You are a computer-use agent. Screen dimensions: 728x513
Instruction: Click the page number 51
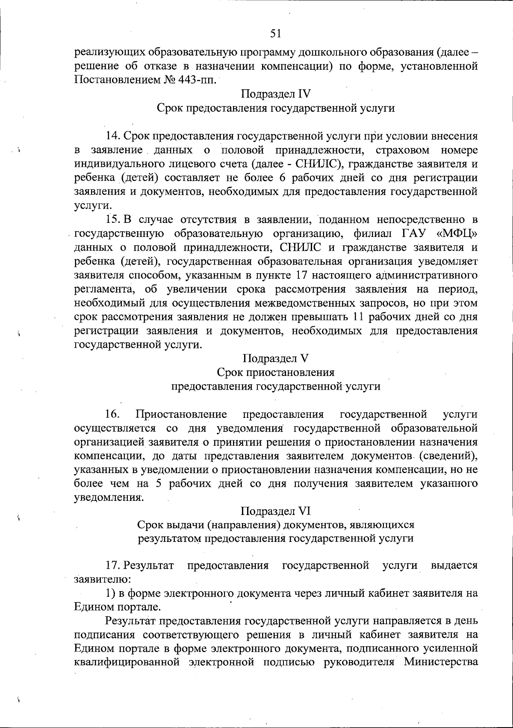(275, 33)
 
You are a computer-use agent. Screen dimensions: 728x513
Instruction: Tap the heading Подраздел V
(275, 358)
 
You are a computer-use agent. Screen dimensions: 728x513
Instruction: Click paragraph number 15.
(113, 220)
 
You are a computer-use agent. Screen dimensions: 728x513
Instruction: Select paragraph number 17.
(113, 565)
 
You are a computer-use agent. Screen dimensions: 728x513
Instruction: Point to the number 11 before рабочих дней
(356, 317)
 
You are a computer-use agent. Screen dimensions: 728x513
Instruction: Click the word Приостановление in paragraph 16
(180, 414)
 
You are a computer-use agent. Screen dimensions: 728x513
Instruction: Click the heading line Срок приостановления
(275, 372)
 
